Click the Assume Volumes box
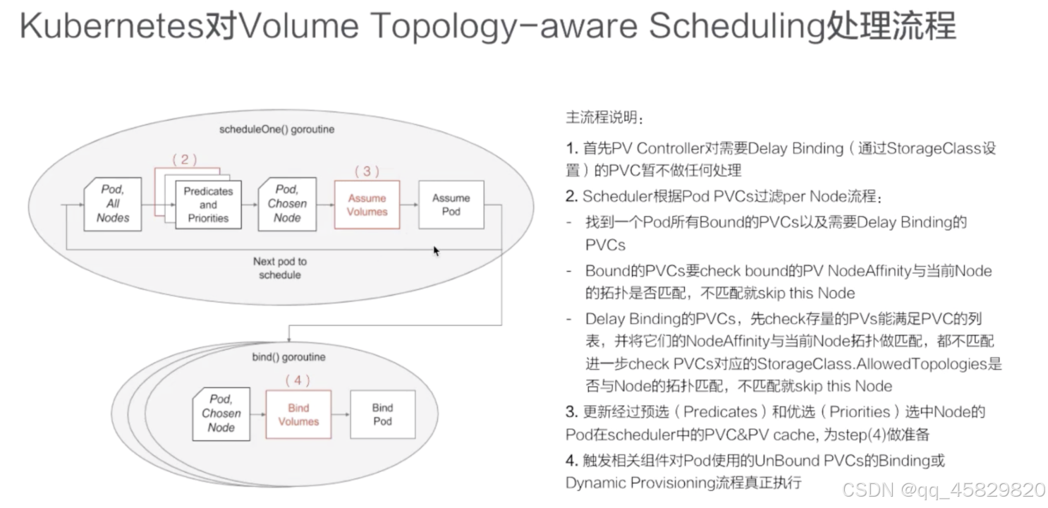tap(367, 205)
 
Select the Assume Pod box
tap(451, 205)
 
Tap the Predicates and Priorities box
tap(208, 205)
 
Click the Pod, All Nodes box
tap(113, 204)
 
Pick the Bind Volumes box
tap(298, 415)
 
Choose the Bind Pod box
tap(382, 415)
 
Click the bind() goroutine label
tap(288, 357)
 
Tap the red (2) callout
tap(185, 159)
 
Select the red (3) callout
tap(367, 171)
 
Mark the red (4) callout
tap(298, 381)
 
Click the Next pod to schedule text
tap(280, 268)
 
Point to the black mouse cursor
tap(437, 250)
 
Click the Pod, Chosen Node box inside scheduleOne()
tap(287, 204)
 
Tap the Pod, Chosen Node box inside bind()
tap(221, 414)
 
